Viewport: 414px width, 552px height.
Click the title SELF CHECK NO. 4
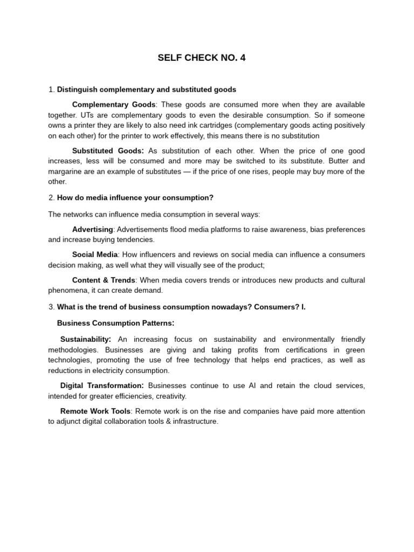(x=201, y=58)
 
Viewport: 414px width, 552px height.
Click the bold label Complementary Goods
(x=114, y=105)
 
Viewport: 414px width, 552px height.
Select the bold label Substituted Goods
(x=108, y=151)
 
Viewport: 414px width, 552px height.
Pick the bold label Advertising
(x=93, y=229)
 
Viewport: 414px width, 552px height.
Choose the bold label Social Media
(x=95, y=254)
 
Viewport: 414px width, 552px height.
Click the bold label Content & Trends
(x=104, y=280)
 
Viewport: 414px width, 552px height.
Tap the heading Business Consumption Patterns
(x=115, y=323)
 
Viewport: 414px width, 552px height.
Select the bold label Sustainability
(x=85, y=339)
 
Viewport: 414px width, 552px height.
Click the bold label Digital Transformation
(x=102, y=385)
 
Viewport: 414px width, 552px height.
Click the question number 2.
(x=51, y=198)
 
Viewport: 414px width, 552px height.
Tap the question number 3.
(x=51, y=307)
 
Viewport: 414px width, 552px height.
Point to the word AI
(x=252, y=385)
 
